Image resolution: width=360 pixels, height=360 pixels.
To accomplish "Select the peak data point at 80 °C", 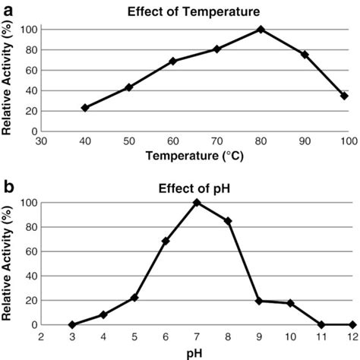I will coord(261,30).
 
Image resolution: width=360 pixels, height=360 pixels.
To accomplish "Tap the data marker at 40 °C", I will coord(85,108).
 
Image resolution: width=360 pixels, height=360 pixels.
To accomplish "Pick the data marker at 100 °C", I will coord(344,96).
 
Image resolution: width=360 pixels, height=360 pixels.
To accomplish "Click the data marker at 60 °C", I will coord(173,61).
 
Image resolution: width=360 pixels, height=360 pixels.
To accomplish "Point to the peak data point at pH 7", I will coord(197,203).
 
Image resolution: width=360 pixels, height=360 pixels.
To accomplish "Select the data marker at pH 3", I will coord(72,324).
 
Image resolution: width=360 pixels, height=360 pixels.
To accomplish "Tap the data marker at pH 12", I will coord(351,324).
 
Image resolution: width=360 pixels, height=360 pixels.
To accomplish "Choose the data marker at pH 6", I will coord(166,241).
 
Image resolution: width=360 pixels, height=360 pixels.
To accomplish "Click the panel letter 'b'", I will coord(7,186).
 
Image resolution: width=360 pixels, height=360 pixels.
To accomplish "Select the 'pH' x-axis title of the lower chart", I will coord(197,352).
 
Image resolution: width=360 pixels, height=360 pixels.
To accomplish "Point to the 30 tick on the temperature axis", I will coord(42,141).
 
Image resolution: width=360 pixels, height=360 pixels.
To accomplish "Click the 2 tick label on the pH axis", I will coord(42,336).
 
